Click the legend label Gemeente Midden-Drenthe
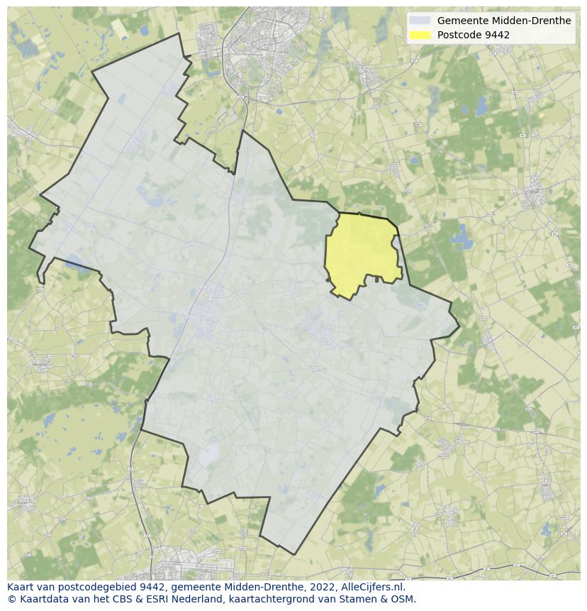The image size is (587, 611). [x=503, y=21]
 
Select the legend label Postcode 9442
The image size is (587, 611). [x=473, y=35]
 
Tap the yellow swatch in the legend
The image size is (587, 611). [x=420, y=35]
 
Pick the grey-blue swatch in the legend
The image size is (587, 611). [x=420, y=21]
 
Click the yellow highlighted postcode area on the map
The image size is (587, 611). [x=362, y=254]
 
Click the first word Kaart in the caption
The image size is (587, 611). [x=22, y=587]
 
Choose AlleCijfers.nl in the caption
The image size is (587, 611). [x=375, y=587]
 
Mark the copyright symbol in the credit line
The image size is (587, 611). [x=11, y=599]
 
